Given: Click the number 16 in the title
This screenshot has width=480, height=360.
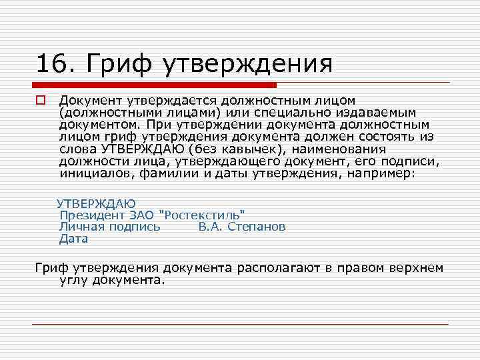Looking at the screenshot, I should coord(51,64).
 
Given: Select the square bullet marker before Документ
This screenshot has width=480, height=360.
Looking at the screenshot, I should coord(40,101).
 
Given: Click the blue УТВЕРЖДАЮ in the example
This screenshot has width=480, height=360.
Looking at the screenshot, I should coord(96,203).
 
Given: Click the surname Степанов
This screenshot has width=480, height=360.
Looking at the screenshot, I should coord(257,227).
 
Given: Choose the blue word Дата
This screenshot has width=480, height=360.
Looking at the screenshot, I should coord(73,238).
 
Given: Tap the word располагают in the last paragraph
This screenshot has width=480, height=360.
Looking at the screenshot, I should coord(279,268).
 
